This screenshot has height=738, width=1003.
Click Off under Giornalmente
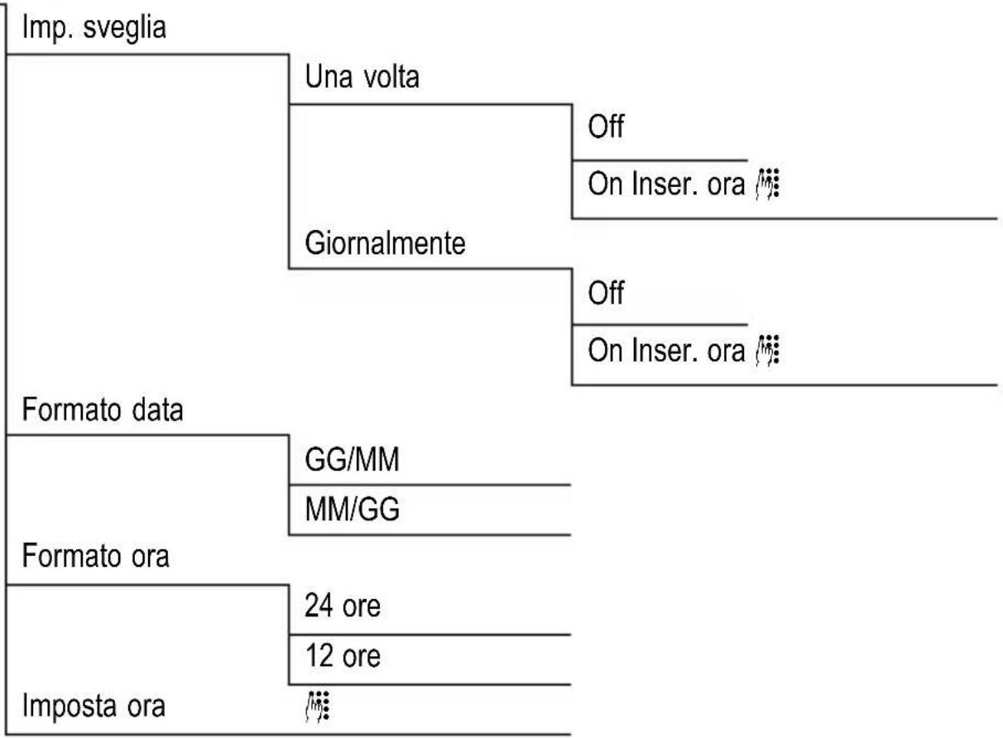(603, 295)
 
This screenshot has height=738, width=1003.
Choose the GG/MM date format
(353, 461)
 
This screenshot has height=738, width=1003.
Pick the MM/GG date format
(353, 510)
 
